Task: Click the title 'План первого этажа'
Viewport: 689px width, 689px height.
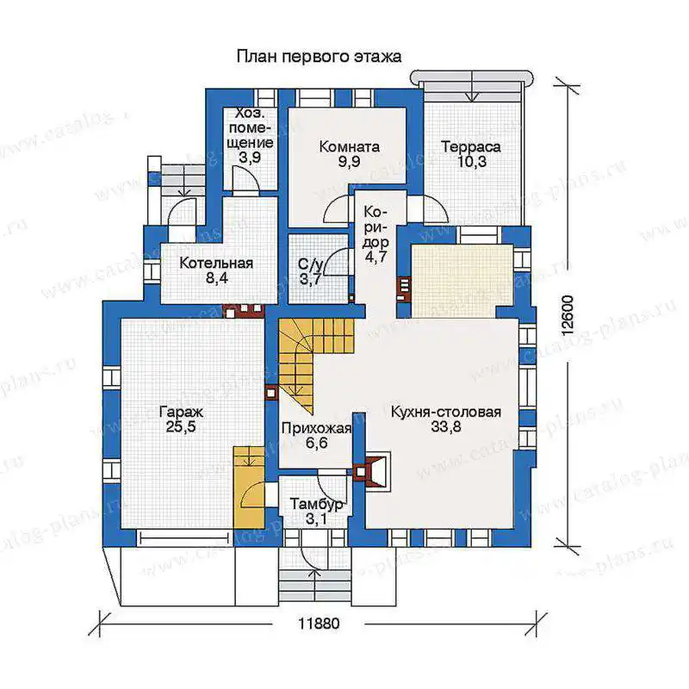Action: click(319, 57)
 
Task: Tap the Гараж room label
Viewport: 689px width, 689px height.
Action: click(181, 413)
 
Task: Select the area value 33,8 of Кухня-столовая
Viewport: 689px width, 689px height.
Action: click(446, 426)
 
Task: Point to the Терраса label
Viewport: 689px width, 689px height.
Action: click(470, 146)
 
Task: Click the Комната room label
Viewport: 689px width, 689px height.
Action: click(350, 146)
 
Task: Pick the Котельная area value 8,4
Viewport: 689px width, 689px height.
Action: click(217, 278)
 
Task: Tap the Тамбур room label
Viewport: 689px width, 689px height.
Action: click(316, 504)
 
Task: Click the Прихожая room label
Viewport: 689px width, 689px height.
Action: click(316, 428)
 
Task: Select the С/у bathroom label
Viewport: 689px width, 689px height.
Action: click(311, 264)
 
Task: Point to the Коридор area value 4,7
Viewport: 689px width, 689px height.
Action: click(375, 257)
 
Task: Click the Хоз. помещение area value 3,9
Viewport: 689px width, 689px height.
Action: click(250, 158)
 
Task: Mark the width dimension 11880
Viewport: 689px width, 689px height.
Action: click(319, 624)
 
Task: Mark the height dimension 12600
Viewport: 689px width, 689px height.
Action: click(568, 315)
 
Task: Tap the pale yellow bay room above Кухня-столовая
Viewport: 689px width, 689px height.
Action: click(462, 281)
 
